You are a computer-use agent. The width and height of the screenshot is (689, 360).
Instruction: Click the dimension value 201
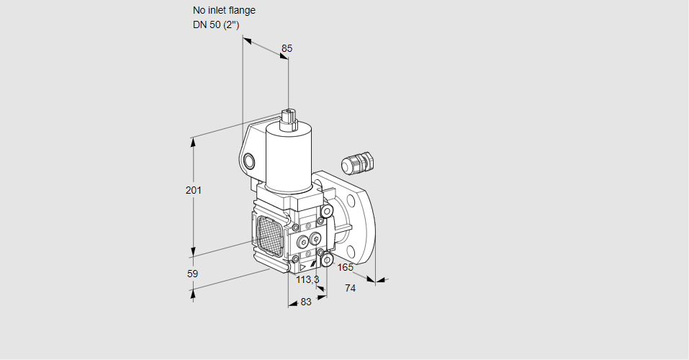pyautogui.click(x=193, y=190)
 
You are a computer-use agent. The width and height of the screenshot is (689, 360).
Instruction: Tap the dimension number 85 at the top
pyautogui.click(x=287, y=48)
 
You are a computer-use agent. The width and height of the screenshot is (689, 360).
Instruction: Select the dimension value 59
pyautogui.click(x=192, y=274)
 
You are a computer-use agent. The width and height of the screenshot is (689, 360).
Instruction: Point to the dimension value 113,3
pyautogui.click(x=307, y=279)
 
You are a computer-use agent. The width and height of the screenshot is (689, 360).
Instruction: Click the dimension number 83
pyautogui.click(x=306, y=302)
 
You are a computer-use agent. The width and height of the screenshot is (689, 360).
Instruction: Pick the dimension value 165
pyautogui.click(x=346, y=268)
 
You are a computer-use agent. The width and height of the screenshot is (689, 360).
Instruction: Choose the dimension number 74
pyautogui.click(x=351, y=288)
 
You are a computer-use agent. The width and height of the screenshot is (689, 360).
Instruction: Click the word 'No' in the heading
pyautogui.click(x=199, y=11)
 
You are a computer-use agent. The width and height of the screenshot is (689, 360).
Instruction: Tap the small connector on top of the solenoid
pyautogui.click(x=289, y=117)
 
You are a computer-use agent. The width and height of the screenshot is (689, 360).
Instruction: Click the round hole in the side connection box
pyautogui.click(x=249, y=160)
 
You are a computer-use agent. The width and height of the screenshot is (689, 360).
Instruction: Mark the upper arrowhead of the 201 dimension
pyautogui.click(x=193, y=141)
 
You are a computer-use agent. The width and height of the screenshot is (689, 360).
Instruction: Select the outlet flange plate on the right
pyautogui.click(x=360, y=216)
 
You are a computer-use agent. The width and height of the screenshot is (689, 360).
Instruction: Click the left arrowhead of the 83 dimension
pyautogui.click(x=292, y=304)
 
